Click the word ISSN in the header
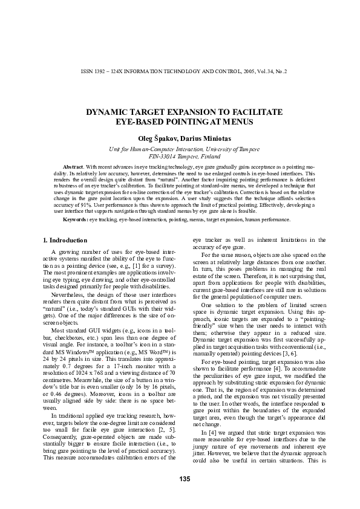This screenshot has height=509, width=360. tap(87, 71)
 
